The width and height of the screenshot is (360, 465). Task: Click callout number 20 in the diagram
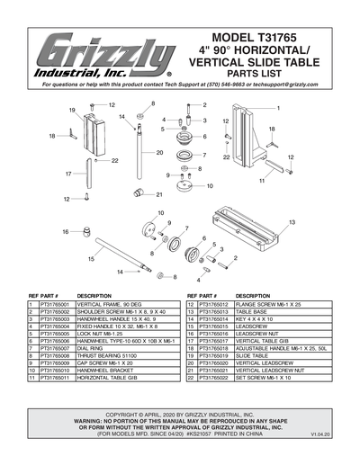pyautogui.click(x=158, y=153)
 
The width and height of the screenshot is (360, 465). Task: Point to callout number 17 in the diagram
pyautogui.click(x=68, y=173)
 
